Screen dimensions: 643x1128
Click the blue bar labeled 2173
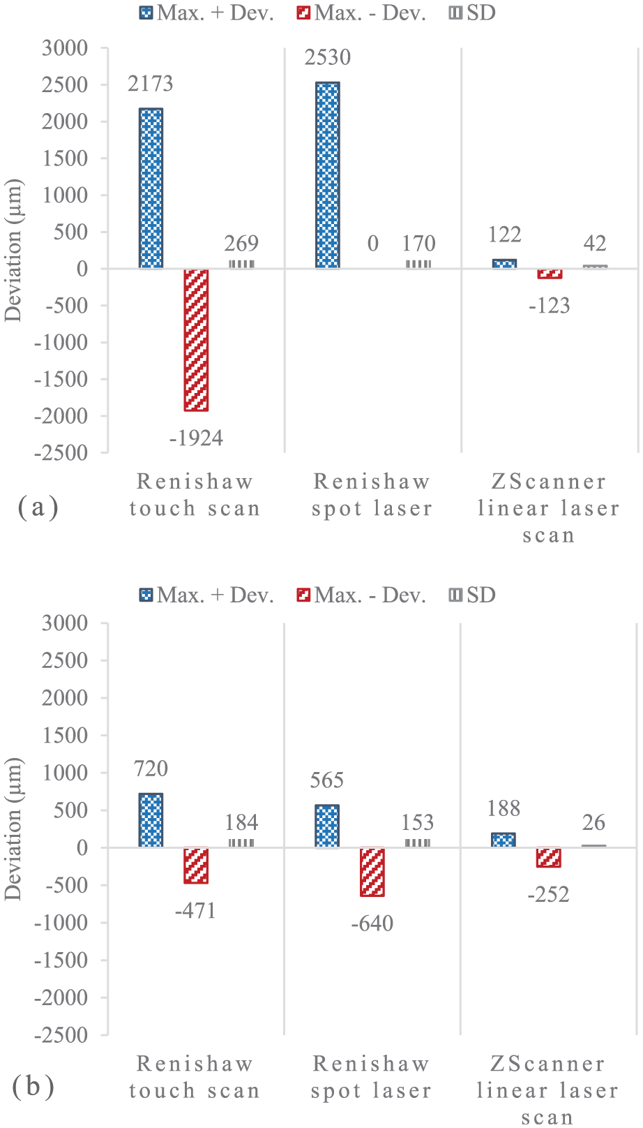[151, 188]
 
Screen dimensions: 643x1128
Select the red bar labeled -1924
[196, 340]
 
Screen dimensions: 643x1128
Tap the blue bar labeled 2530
[328, 175]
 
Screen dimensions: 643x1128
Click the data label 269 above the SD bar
[241, 244]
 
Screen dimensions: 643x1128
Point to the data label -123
[550, 306]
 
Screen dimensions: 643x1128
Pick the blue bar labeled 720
[151, 820]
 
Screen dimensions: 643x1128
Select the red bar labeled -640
[372, 872]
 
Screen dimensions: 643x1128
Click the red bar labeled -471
[196, 866]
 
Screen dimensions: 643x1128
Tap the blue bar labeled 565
[327, 826]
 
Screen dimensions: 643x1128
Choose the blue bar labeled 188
[504, 840]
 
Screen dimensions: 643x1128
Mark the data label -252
[548, 894]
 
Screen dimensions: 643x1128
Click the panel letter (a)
[38, 507]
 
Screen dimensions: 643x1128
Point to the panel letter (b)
[33, 1086]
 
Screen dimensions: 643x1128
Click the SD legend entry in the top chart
[472, 13]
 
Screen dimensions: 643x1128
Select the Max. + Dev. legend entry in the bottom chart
[206, 595]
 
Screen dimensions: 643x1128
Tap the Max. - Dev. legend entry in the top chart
[361, 13]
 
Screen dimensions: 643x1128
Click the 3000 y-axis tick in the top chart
[65, 48]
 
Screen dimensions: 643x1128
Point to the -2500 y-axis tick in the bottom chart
[61, 1035]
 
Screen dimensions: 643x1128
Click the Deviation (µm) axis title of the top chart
[13, 251]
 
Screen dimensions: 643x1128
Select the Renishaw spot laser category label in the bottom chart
[371, 1077]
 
